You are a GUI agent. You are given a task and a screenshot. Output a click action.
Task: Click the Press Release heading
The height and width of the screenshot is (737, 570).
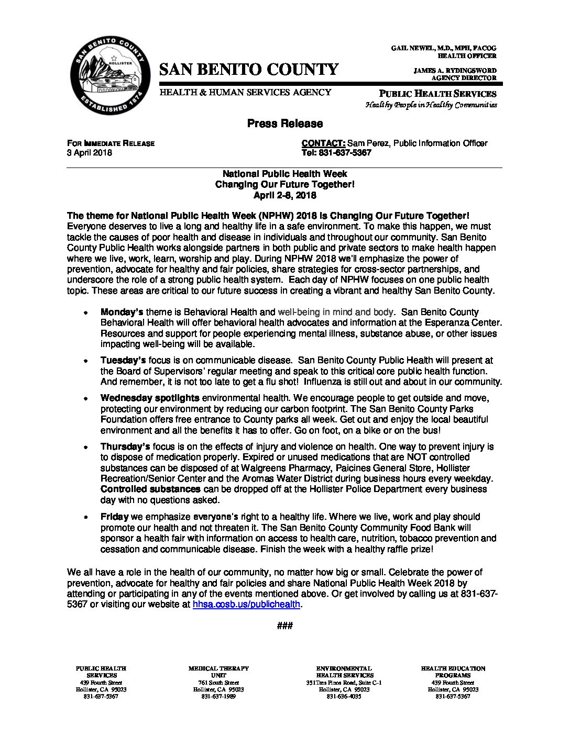click(x=284, y=124)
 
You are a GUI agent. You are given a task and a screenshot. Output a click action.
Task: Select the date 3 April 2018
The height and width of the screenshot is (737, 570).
click(x=89, y=153)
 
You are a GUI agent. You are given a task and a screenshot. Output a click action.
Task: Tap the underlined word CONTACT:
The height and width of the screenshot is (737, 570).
click(x=323, y=143)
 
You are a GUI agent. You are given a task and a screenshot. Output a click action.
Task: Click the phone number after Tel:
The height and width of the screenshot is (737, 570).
click(x=345, y=153)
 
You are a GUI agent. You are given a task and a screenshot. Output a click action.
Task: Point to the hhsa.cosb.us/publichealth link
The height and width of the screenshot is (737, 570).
click(x=246, y=604)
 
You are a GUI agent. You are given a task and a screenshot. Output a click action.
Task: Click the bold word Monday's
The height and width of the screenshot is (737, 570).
click(x=122, y=312)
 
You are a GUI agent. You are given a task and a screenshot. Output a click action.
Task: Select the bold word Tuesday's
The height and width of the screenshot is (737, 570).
click(x=123, y=360)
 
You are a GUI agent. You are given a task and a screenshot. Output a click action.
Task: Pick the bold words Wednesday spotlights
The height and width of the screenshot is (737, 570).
click(x=150, y=398)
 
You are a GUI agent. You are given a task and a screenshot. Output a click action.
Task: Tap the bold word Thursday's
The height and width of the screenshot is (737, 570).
click(x=125, y=446)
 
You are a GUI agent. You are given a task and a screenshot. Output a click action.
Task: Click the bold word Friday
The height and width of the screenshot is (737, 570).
click(x=114, y=517)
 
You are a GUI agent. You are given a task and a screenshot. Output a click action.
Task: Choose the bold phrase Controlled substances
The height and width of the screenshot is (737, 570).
click(x=150, y=489)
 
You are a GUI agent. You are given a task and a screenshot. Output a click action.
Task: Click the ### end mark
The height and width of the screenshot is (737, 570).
click(x=284, y=626)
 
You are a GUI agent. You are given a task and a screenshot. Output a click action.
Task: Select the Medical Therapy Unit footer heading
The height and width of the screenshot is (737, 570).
click(x=218, y=672)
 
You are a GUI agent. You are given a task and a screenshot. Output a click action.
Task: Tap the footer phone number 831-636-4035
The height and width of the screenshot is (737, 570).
click(x=344, y=697)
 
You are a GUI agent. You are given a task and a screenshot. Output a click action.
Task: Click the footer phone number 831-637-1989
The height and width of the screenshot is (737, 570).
click(x=218, y=697)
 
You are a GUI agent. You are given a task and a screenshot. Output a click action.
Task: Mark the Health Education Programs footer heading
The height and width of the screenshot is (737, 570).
click(x=453, y=672)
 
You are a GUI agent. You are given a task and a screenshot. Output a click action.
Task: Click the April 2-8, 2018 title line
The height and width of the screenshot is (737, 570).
click(x=284, y=195)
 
